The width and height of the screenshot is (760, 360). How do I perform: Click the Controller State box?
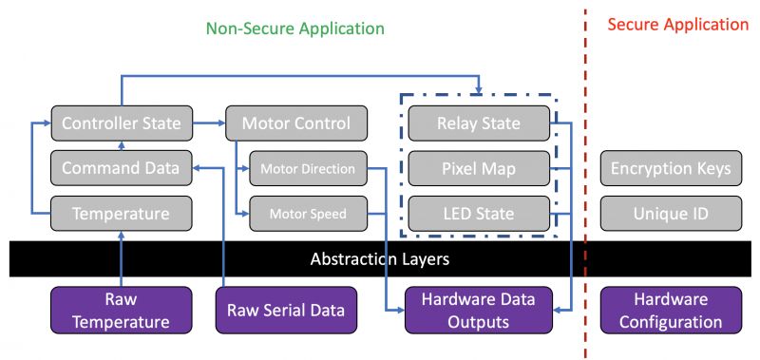pos(122,123)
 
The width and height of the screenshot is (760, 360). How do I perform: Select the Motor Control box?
pos(296,123)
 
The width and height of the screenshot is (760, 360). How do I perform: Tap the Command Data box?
pos(122,168)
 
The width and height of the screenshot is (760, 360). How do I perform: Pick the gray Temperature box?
pos(122,213)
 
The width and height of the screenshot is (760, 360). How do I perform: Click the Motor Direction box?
pos(308,168)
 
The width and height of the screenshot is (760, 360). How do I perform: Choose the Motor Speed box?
pos(308,213)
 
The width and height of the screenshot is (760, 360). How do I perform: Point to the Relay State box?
pos(479,123)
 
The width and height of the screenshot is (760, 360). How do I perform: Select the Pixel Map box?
pos(479,168)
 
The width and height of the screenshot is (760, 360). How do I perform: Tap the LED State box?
pos(479,213)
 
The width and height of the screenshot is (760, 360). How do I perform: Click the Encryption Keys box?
pos(671,168)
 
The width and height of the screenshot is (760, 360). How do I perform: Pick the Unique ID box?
pos(671,213)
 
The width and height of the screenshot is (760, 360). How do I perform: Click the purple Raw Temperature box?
pos(122,310)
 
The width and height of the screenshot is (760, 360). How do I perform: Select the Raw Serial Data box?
pos(286,310)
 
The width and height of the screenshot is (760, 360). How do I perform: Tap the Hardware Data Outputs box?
pos(479,310)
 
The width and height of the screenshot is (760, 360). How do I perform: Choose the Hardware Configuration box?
pos(671,310)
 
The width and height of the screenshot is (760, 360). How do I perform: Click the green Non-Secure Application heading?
pos(295,28)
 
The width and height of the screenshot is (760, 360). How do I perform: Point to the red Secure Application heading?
pos(678,25)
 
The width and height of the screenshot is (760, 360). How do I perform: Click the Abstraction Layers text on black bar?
pos(379,259)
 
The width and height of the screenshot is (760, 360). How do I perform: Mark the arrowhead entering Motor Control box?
pos(222,123)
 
